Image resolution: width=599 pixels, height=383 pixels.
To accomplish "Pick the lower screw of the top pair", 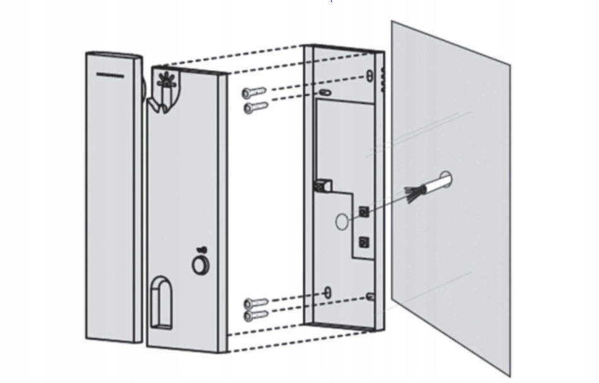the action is coord(255,107).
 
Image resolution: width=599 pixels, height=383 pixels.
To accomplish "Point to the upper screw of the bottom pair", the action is coord(255,303).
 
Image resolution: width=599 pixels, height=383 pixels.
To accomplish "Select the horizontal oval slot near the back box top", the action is coord(324,92).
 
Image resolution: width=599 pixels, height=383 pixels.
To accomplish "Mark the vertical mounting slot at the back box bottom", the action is coord(327,292).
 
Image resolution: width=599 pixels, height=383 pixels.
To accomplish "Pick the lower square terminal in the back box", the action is coord(363,241).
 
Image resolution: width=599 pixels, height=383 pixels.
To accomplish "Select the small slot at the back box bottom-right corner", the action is coord(371,296).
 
